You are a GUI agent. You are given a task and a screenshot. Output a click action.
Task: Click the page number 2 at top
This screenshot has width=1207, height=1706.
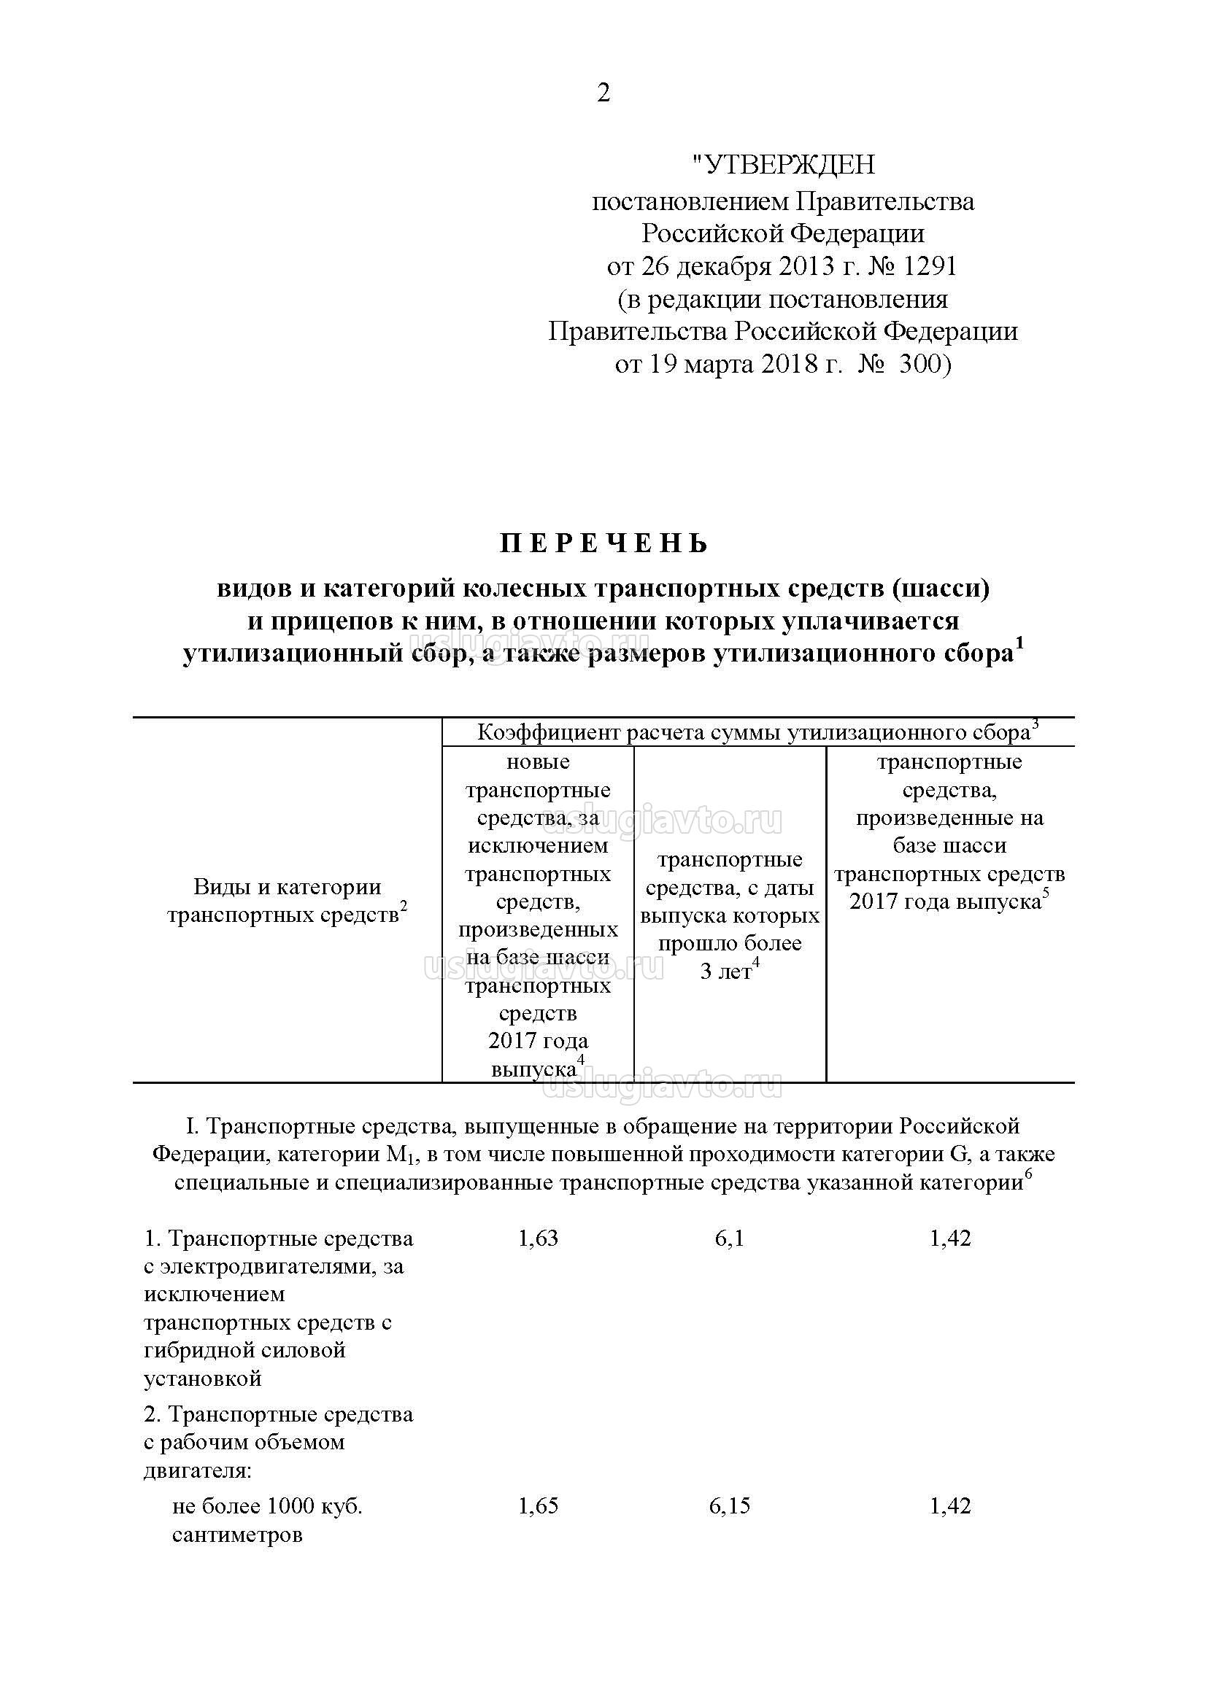click(x=603, y=93)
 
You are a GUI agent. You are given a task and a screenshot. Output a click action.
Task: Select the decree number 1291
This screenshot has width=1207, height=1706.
click(x=933, y=266)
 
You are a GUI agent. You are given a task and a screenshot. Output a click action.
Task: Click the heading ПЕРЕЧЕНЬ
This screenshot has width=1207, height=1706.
click(x=603, y=545)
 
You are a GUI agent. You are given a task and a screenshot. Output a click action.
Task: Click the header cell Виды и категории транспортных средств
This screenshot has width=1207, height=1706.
click(x=287, y=901)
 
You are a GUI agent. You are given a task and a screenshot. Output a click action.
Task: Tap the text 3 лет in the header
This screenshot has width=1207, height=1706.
click(x=725, y=972)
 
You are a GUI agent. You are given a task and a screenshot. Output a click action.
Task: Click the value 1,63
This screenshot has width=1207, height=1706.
click(x=537, y=1238)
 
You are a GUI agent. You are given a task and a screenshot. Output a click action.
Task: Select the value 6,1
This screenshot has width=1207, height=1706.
click(x=729, y=1238)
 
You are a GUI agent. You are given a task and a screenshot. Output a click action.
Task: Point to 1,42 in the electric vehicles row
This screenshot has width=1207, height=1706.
click(x=950, y=1238)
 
